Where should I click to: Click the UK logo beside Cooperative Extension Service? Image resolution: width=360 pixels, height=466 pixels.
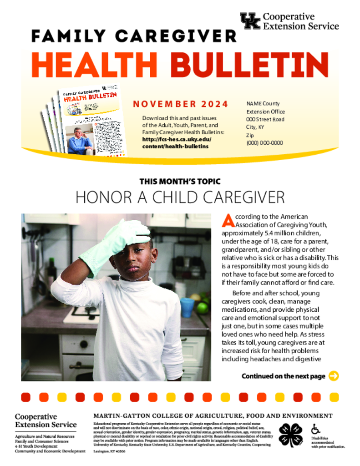pyautogui.click(x=250, y=21)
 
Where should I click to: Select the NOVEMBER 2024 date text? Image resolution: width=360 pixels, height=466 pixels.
pyautogui.click(x=180, y=104)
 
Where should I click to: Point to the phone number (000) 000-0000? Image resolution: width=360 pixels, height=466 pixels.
pyautogui.click(x=264, y=143)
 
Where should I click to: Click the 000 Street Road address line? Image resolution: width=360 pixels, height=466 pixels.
pyautogui.click(x=265, y=119)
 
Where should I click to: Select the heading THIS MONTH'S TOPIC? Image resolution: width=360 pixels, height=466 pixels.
pyautogui.click(x=180, y=182)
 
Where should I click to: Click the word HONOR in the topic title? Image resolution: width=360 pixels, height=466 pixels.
pyautogui.click(x=98, y=198)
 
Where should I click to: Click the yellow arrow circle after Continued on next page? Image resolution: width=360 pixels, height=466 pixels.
pyautogui.click(x=334, y=376)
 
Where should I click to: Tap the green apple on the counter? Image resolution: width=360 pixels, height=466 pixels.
pyautogui.click(x=202, y=307)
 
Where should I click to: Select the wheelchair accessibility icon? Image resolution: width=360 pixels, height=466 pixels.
pyautogui.click(x=315, y=429)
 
